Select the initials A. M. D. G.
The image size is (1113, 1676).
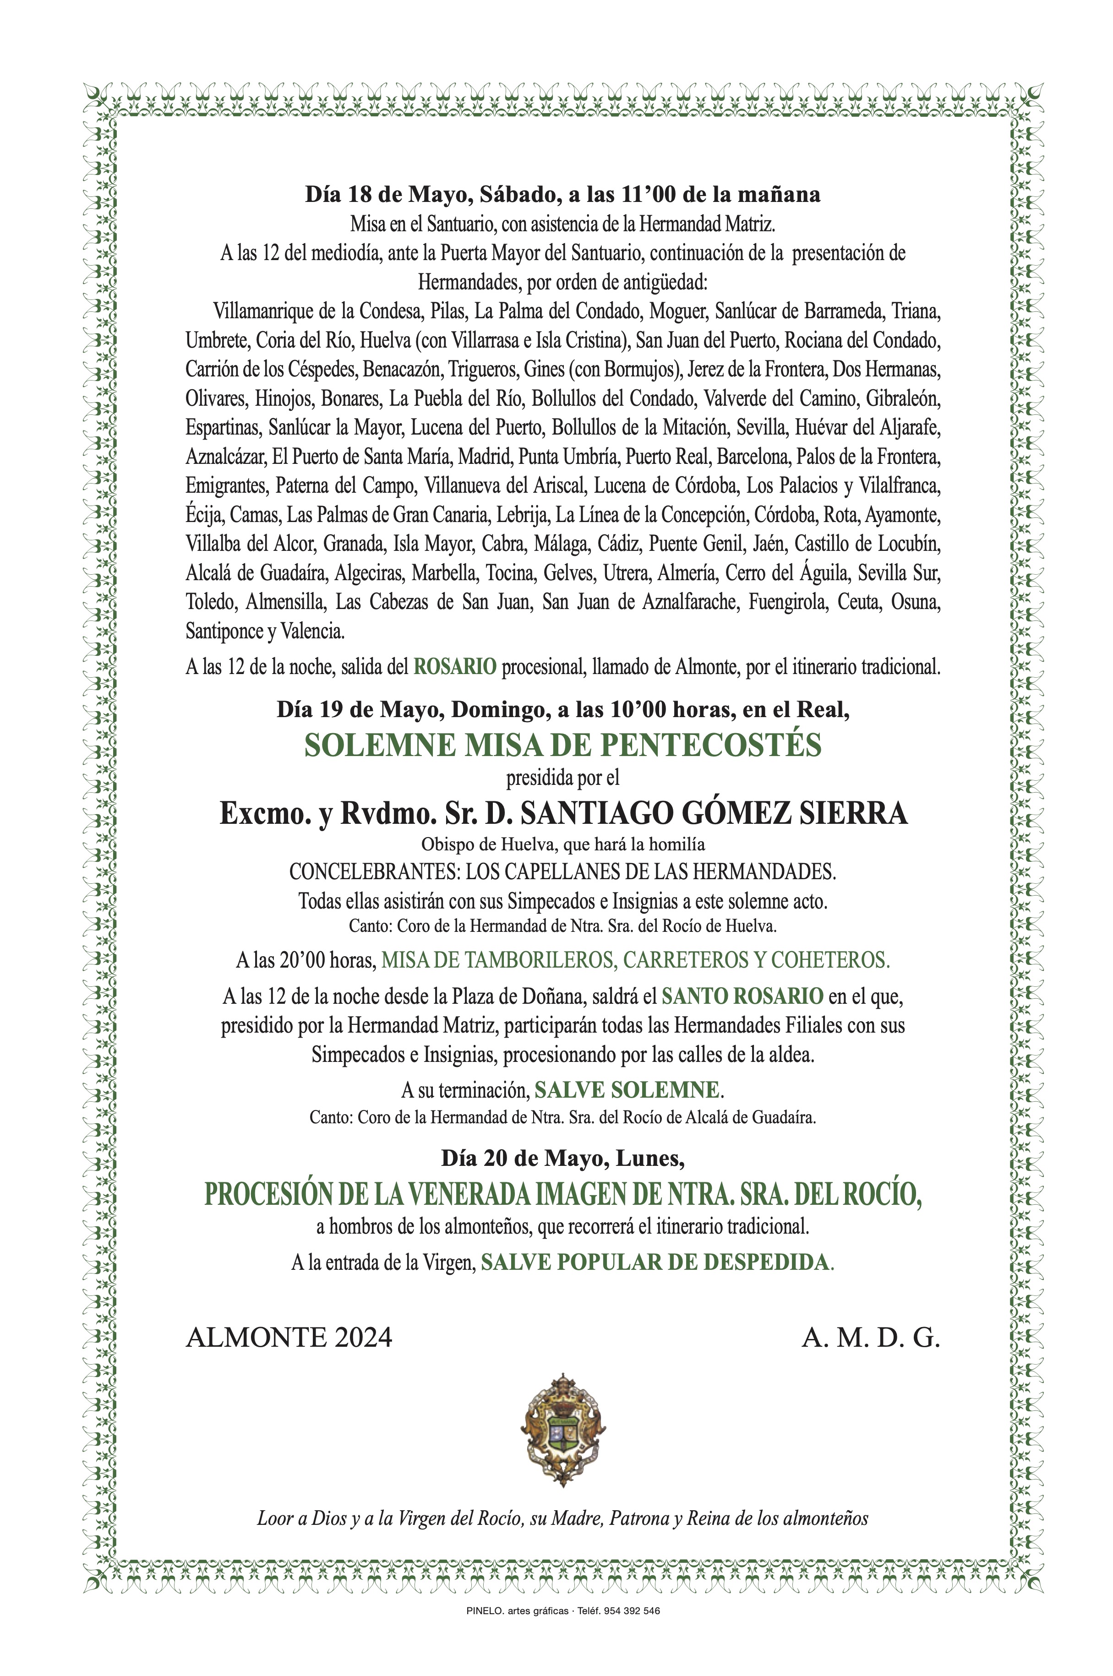pyautogui.click(x=871, y=1338)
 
